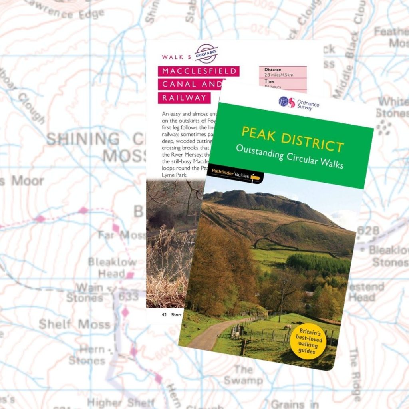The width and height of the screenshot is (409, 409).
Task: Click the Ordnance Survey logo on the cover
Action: click(299, 103)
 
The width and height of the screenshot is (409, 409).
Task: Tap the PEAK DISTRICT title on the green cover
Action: click(293, 140)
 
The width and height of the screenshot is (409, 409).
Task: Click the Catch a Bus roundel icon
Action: click(206, 54)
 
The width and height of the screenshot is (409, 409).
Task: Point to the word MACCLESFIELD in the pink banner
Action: click(199, 72)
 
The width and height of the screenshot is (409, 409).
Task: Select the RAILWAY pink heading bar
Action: click(184, 97)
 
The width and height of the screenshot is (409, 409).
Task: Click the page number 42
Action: click(164, 314)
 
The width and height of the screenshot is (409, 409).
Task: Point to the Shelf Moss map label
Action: click(74, 324)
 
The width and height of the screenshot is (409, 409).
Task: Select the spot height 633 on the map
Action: click(128, 297)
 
